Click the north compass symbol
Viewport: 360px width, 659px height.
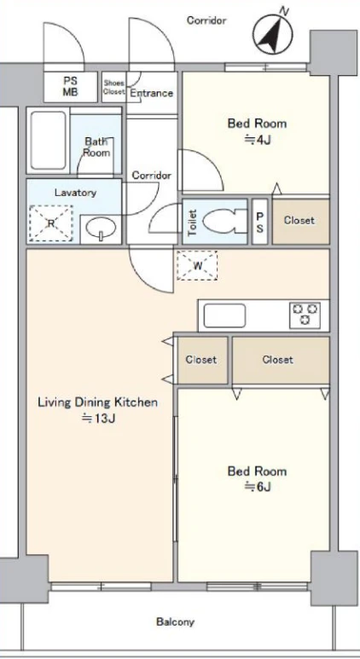(x=273, y=32)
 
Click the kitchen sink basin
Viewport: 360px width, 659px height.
(x=224, y=315)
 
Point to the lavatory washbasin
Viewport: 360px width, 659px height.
(x=101, y=229)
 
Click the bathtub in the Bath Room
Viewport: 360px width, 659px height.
(x=49, y=141)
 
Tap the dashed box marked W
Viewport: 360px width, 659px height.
(x=197, y=266)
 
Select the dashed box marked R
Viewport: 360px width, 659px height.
(x=51, y=223)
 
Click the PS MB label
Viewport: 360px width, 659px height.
(x=70, y=87)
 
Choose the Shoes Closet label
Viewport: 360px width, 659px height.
(x=114, y=88)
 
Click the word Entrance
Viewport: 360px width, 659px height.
(x=151, y=93)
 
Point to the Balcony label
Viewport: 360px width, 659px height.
(x=176, y=621)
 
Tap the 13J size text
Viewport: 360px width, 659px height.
(x=98, y=419)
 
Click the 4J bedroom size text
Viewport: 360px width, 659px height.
(x=257, y=140)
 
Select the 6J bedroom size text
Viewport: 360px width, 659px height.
(x=257, y=487)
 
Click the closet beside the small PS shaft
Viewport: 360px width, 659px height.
(x=300, y=222)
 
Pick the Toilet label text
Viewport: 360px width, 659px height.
(x=192, y=223)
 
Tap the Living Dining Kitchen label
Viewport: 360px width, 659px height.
(x=98, y=402)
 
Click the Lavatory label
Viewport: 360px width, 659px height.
(x=75, y=193)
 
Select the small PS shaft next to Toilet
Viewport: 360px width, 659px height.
(x=259, y=222)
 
